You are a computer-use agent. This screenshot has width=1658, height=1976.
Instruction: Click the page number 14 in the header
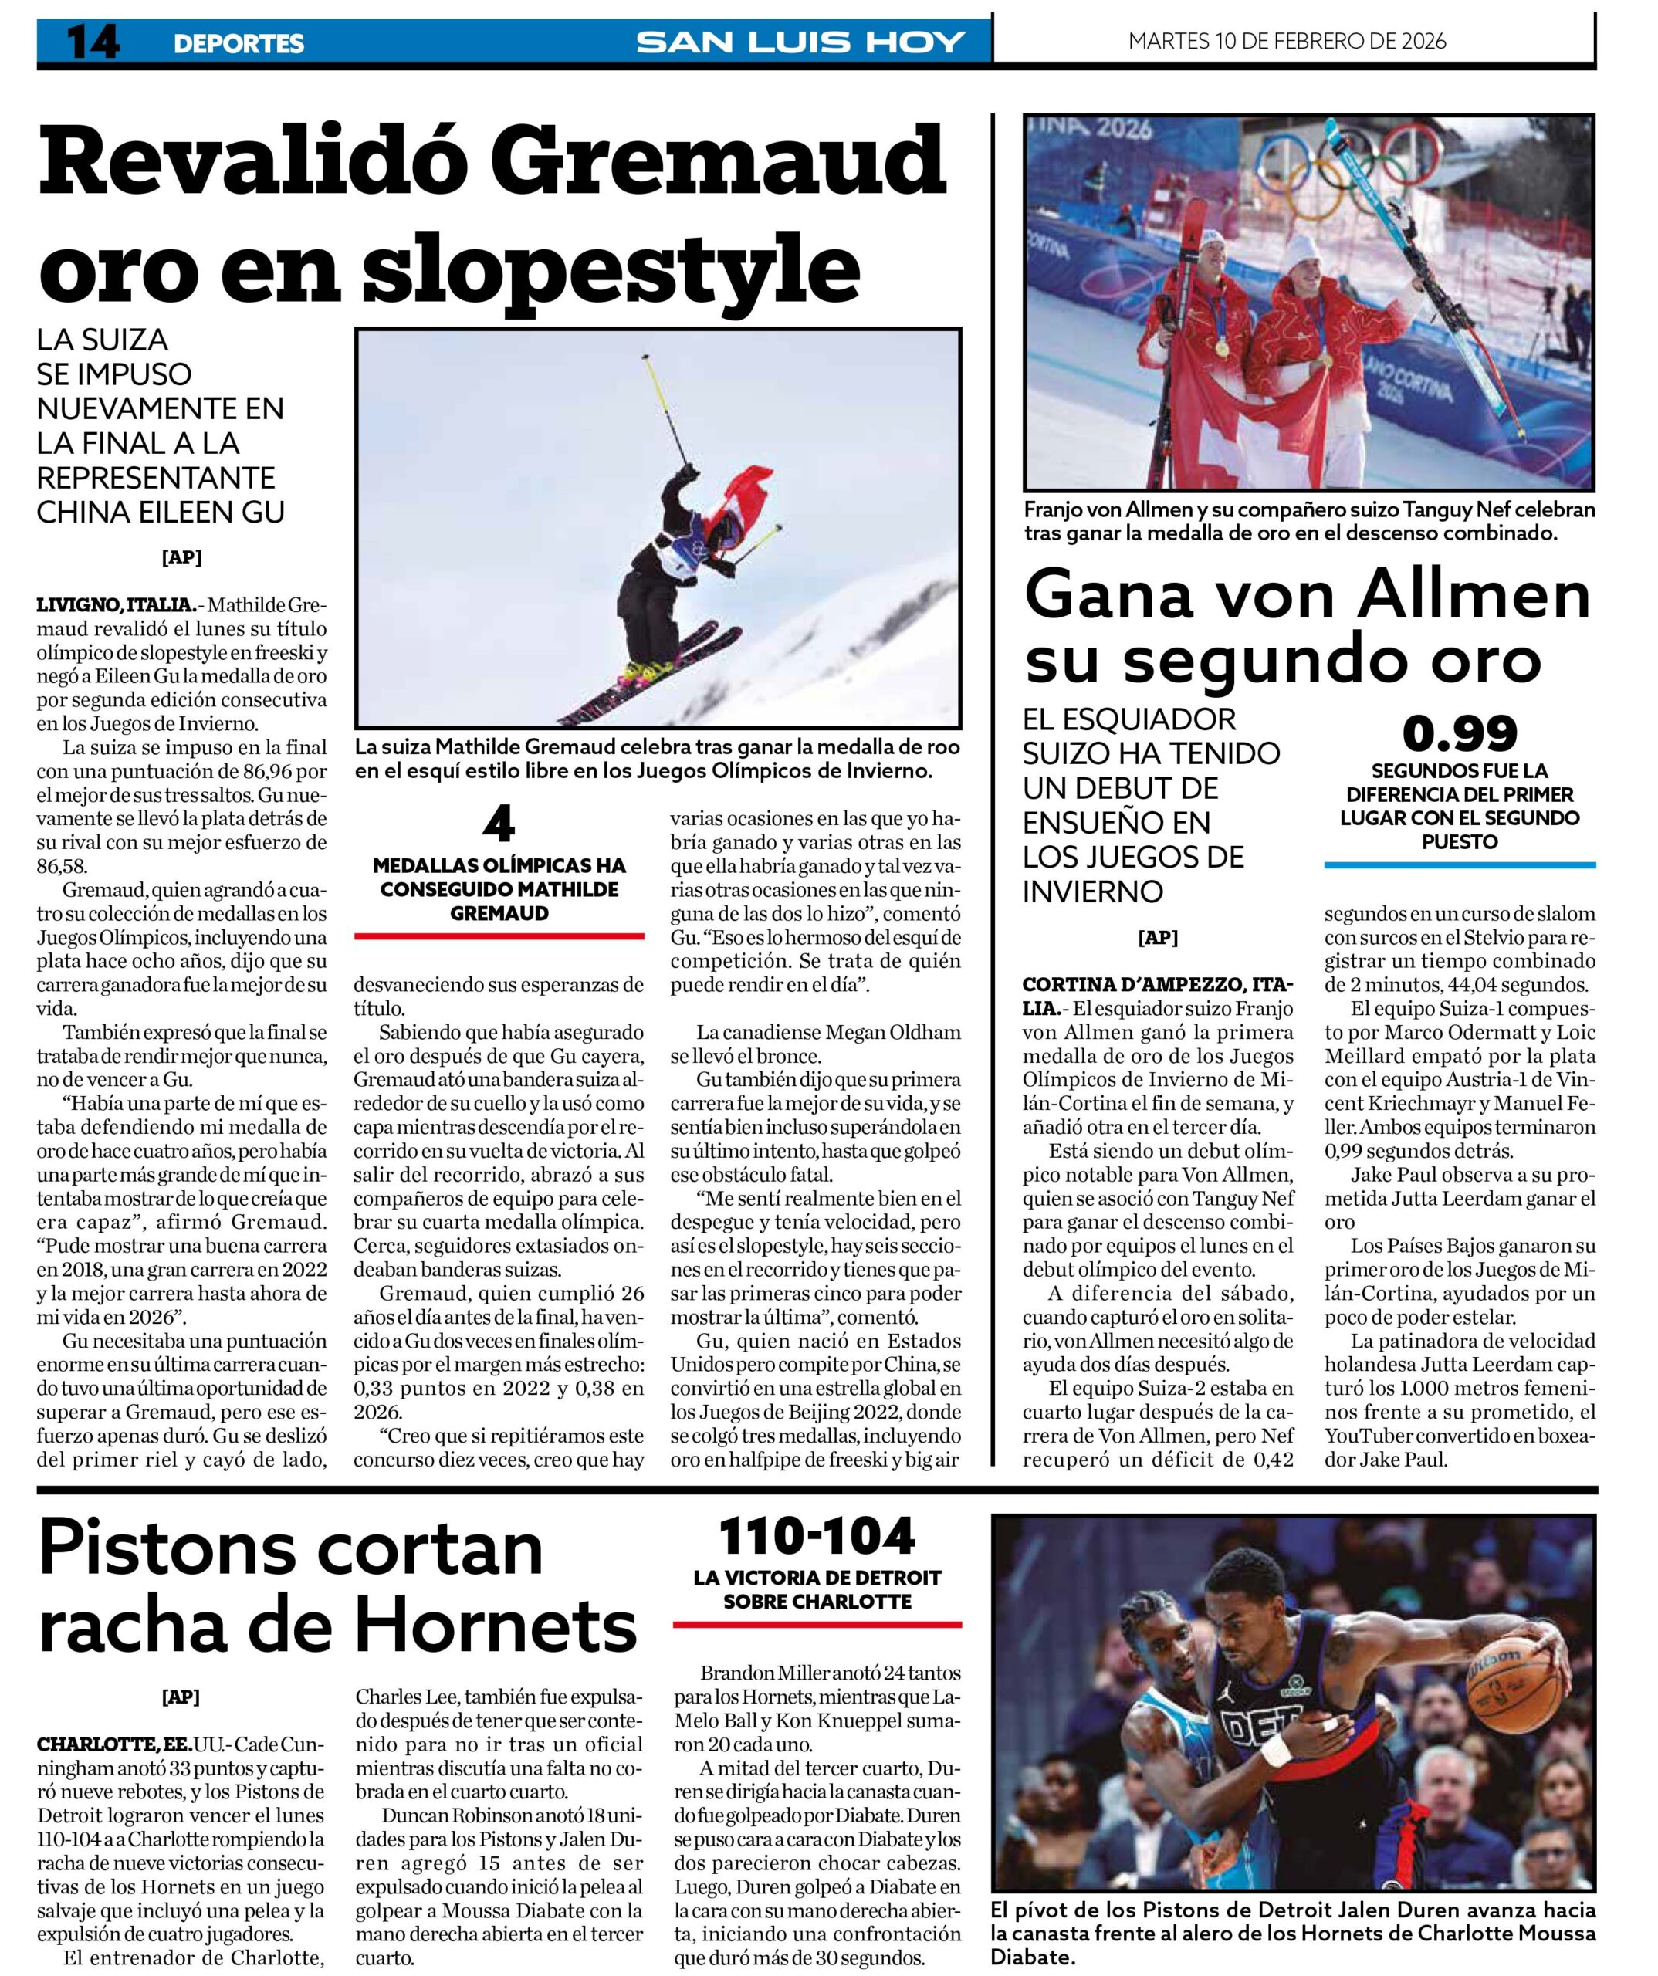92,42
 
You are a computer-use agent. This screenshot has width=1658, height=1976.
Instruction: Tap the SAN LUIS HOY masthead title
800,42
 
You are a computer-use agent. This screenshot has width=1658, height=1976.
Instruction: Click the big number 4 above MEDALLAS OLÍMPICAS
498,825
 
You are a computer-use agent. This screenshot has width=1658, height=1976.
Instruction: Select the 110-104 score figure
817,1537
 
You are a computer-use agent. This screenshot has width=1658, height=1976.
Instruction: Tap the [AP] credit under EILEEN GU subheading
181,558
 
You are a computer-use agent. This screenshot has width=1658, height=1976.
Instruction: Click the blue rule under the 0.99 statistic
1460,864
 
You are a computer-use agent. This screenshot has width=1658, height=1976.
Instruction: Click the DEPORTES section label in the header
238,43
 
